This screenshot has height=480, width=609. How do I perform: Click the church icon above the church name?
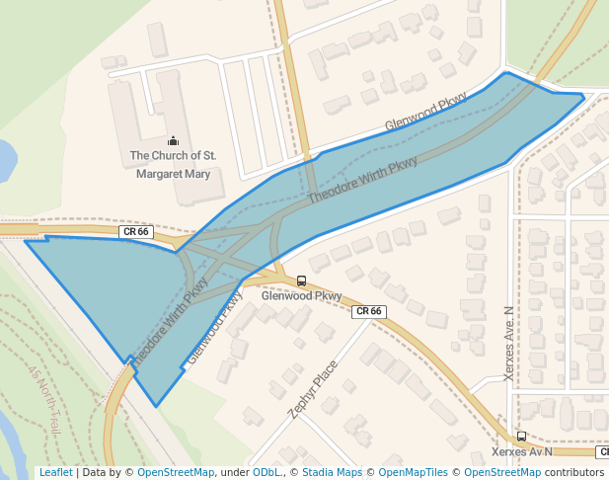pyautogui.click(x=174, y=140)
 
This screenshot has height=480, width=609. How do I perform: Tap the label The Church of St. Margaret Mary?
pyautogui.click(x=173, y=165)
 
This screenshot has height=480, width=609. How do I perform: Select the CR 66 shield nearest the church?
pyautogui.click(x=134, y=232)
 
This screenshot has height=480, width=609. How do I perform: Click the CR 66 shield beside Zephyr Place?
pyautogui.click(x=368, y=311)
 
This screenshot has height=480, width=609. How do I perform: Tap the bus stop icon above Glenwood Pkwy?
pyautogui.click(x=301, y=280)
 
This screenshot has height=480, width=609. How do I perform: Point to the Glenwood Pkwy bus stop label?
pyautogui.click(x=301, y=295)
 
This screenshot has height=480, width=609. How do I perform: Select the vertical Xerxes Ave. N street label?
pyautogui.click(x=509, y=344)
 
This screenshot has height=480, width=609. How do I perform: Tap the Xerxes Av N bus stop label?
pyautogui.click(x=521, y=451)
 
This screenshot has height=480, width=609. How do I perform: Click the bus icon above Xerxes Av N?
pyautogui.click(x=521, y=436)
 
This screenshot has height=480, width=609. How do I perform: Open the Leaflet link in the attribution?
pyautogui.click(x=55, y=473)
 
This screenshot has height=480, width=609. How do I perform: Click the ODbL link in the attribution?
pyautogui.click(x=266, y=473)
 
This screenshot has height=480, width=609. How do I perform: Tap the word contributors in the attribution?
pyautogui.click(x=574, y=473)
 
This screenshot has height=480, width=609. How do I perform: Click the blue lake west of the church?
pyautogui.click(x=5, y=160)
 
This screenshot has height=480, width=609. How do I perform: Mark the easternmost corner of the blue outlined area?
pyautogui.click(x=584, y=96)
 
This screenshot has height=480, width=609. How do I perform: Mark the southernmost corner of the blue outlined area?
pyautogui.click(x=156, y=406)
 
